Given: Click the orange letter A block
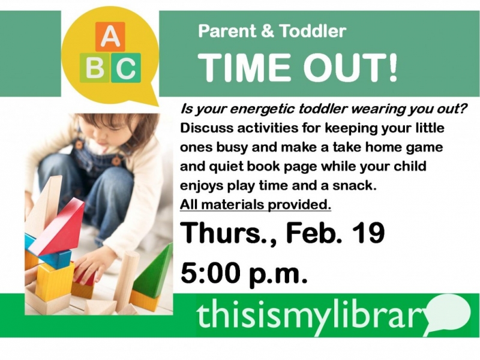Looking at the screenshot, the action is (110, 37).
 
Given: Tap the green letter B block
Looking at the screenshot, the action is (95, 68).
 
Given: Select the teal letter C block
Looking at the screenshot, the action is (126, 68).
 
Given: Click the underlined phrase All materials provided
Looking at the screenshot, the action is (256, 205).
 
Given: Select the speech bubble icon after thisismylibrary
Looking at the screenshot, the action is (448, 314).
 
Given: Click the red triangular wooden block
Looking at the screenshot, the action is (58, 228).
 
